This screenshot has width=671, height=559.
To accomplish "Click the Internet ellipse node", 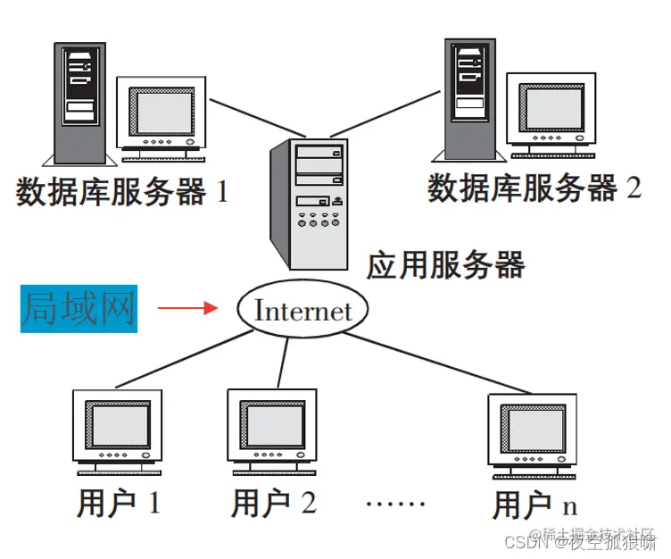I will tap(302, 311).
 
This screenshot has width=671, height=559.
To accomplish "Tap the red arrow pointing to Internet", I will tap(188, 309).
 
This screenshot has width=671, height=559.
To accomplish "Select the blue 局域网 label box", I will tap(79, 309).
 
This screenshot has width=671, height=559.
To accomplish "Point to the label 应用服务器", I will tap(445, 264).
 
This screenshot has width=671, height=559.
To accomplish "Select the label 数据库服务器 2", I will tap(534, 188).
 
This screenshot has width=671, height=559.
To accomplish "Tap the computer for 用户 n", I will tap(532, 431).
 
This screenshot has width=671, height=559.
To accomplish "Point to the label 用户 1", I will tap(117, 503).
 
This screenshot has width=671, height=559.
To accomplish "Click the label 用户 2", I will tap(273, 504).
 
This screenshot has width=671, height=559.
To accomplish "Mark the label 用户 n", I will tap(534, 505).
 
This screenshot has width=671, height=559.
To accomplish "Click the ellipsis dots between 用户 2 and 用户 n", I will tap(395, 504).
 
